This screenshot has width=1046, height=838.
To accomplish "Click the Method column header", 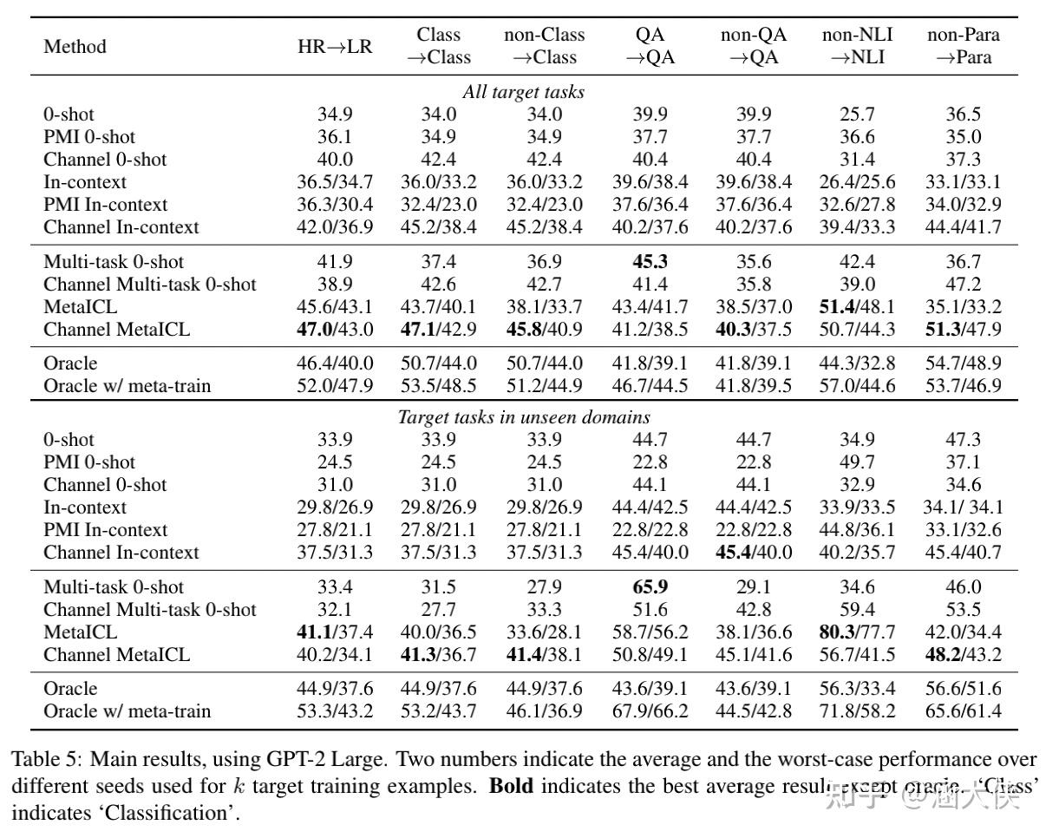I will click(75, 46).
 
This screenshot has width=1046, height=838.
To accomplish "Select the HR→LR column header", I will click(335, 47).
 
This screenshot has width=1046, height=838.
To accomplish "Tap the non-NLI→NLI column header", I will click(857, 46).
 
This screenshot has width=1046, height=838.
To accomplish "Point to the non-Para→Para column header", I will click(963, 46).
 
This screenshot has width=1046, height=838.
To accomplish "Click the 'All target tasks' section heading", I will click(523, 92).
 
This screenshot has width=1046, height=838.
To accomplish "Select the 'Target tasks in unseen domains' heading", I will click(523, 417).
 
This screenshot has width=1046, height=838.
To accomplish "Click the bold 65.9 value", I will click(650, 587).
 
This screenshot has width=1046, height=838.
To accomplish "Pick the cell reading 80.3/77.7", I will click(857, 632).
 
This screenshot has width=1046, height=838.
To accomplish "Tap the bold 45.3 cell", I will click(650, 262).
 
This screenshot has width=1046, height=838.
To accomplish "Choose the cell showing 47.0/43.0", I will click(335, 330).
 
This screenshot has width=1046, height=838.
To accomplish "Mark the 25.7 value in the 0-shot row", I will click(857, 115).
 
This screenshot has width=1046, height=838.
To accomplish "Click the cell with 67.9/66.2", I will click(650, 711).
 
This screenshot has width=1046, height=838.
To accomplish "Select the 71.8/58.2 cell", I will click(857, 711).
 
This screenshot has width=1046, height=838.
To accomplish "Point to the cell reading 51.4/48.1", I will click(857, 307).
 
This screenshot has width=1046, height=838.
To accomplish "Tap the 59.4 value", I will click(857, 610).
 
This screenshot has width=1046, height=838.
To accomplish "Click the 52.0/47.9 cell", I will click(335, 385).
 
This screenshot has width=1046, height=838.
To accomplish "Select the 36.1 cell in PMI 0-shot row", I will click(335, 137).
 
